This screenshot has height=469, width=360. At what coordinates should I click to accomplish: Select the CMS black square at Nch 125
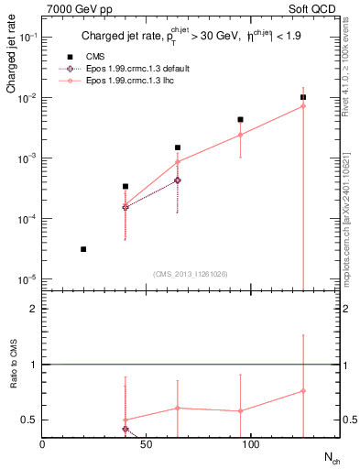[303, 97]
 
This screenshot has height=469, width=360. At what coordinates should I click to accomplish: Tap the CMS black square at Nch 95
[240, 119]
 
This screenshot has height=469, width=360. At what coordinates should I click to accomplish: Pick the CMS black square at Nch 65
[178, 147]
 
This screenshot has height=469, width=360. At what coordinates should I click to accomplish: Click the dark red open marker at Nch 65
[178, 180]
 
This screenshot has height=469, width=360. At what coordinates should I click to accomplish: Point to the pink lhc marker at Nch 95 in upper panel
[240, 135]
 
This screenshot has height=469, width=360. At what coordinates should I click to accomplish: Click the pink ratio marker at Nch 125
[303, 391]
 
